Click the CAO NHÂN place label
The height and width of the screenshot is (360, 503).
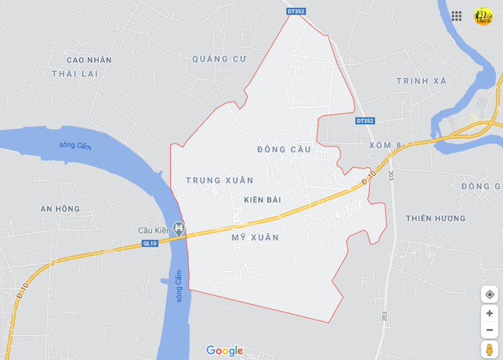pos(89,60)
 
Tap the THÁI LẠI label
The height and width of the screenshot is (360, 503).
pos(75,74)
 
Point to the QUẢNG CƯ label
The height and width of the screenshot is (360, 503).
pos(219,59)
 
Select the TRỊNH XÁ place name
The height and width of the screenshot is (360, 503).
pos(422,81)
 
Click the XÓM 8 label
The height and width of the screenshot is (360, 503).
pos(386,145)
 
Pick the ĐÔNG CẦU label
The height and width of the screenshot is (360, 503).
pos(284,150)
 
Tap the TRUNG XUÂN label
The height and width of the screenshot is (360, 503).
pos(220,181)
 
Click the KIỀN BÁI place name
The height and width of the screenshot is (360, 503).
pos(263,200)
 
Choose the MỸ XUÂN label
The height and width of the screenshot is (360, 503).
pos(255,238)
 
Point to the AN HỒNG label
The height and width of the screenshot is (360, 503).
pos(60,209)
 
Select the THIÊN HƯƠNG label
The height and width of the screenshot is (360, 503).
pos(436,218)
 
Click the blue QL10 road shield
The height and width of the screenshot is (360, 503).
pos(150,243)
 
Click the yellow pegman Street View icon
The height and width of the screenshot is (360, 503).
pos(489,349)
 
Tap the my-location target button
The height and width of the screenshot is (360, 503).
pos(489,294)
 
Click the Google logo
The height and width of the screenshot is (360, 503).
pos(224,351)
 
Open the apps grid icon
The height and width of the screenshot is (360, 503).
pos(456,16)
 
